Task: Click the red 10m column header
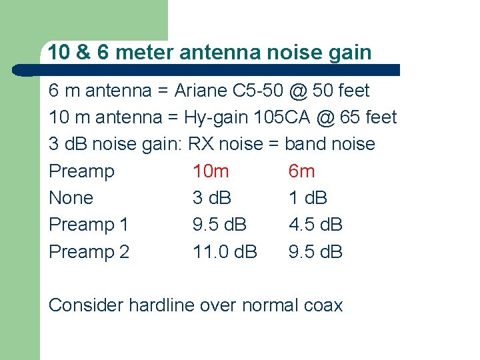211,171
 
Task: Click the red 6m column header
301,171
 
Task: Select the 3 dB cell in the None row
212,198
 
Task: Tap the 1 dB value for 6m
308,198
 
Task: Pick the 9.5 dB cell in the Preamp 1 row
219,225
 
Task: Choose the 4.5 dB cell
315,225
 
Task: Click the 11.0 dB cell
225,252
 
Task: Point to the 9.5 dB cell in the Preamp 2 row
315,252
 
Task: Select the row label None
71,198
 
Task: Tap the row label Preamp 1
89,225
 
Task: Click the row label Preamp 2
89,252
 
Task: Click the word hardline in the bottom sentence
164,305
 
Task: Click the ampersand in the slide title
84,52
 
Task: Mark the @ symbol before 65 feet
325,118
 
